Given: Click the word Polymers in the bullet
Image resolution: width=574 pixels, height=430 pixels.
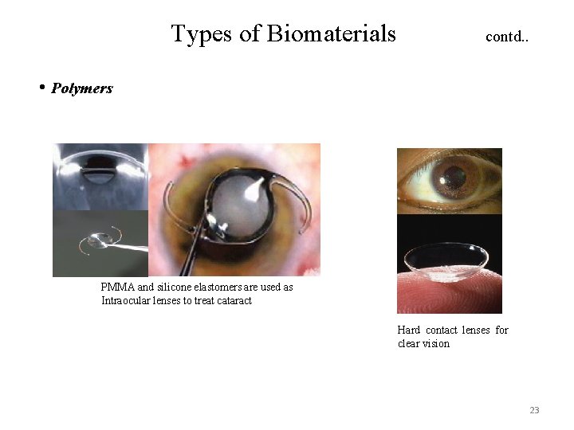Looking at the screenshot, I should [x=82, y=88].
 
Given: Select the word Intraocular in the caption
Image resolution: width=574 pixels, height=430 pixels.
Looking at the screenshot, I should [x=128, y=300].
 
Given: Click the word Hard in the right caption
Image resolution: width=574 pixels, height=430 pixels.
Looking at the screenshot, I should [x=409, y=330].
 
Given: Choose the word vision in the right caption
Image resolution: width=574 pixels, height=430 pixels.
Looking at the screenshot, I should [x=434, y=344].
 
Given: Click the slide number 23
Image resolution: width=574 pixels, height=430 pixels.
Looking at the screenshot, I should [x=534, y=410].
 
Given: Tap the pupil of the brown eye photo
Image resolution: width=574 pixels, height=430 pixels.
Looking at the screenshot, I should [x=455, y=177].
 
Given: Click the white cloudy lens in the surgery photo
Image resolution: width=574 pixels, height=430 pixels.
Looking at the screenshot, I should [x=236, y=203].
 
